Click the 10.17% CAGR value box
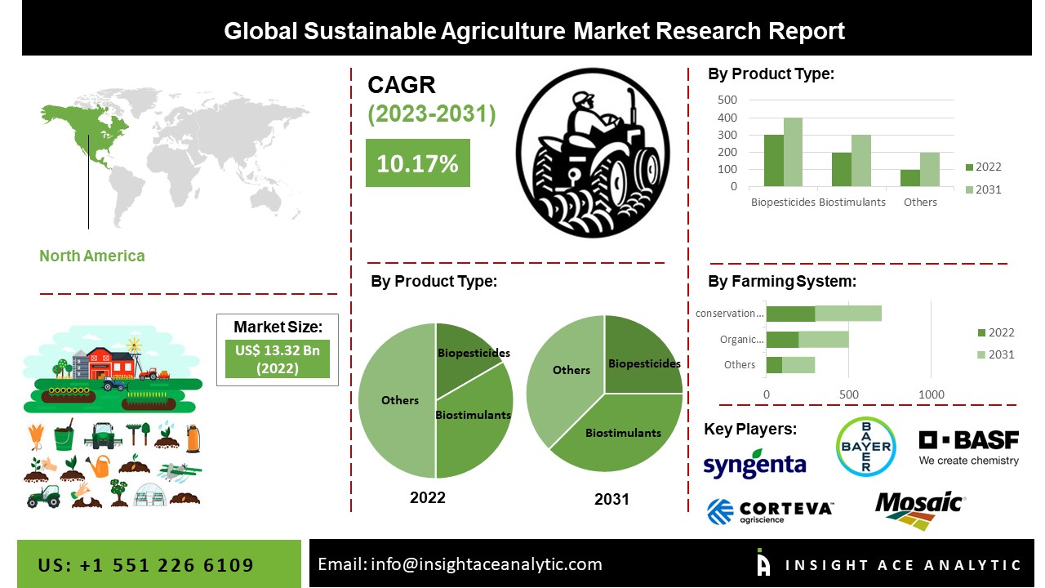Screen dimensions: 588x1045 [x=417, y=163]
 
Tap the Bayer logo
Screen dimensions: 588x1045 [x=865, y=446]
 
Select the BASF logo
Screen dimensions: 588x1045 [x=969, y=447]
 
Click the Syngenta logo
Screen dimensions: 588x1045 [x=754, y=464]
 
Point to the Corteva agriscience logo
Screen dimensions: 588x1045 [x=769, y=511]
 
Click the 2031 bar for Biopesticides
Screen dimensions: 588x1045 [x=793, y=152]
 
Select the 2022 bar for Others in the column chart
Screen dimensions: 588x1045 [x=910, y=178]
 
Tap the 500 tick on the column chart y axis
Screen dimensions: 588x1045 [x=727, y=100]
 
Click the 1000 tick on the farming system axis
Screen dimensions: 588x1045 [x=932, y=395]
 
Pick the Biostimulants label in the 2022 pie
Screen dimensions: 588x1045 [x=473, y=415]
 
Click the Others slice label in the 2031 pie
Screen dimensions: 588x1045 [x=571, y=370]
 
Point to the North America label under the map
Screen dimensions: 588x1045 [x=92, y=256]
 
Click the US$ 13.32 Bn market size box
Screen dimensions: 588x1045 [x=278, y=359]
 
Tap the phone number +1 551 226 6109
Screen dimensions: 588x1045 [x=146, y=565]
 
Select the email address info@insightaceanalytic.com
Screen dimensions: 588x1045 [x=460, y=564]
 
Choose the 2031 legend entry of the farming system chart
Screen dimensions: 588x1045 [x=995, y=354]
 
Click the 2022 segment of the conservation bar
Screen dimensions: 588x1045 [x=790, y=314]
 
